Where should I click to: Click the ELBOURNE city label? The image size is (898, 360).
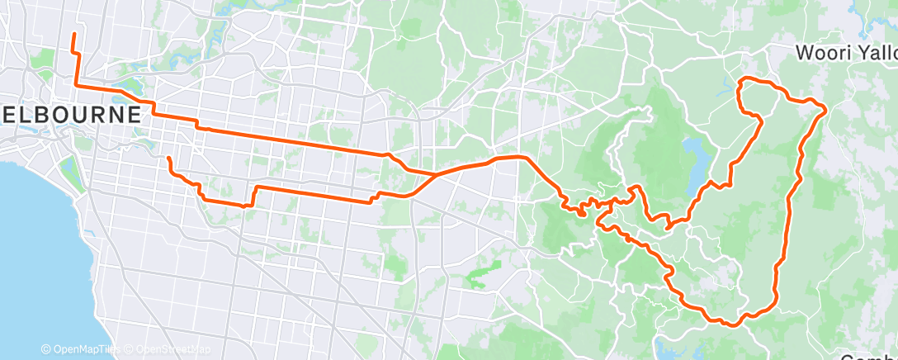click(x=69, y=113)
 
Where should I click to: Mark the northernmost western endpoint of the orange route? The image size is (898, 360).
click(x=73, y=34)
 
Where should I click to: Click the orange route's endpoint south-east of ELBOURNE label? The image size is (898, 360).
click(x=168, y=158)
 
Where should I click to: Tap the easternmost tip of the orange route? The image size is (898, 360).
click(x=825, y=110)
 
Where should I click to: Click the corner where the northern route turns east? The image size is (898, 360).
click(x=78, y=85)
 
